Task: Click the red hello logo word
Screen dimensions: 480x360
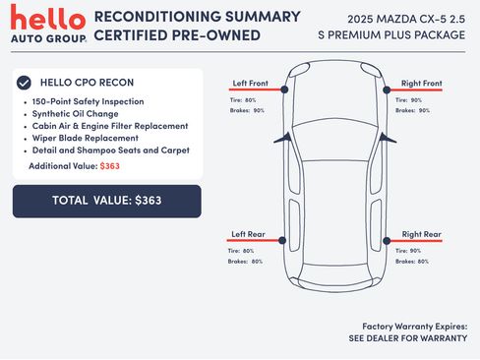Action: tap(48, 17)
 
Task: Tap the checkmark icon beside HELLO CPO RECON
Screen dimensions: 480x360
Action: tap(24, 83)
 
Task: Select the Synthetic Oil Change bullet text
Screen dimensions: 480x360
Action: tap(75, 114)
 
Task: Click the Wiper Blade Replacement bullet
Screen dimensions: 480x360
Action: tap(86, 138)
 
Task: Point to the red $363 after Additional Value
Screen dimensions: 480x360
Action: tap(110, 166)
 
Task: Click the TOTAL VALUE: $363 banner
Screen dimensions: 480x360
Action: tap(107, 201)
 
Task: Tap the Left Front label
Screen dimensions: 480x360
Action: tap(251, 84)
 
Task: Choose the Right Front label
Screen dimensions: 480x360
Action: tap(422, 84)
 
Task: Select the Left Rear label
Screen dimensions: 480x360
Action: tap(248, 234)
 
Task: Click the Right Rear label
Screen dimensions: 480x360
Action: tap(422, 234)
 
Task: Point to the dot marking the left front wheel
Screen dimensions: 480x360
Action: tap(284, 90)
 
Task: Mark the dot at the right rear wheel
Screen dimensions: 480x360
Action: tap(387, 241)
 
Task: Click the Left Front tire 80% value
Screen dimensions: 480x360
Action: tap(250, 100)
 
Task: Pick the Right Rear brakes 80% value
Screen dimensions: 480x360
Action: tap(423, 262)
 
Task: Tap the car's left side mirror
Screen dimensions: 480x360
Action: tap(282, 138)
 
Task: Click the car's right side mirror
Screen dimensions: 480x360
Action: tap(388, 138)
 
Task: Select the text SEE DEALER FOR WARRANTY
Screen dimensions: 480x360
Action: tap(408, 338)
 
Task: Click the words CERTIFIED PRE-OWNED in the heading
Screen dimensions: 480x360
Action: tap(177, 35)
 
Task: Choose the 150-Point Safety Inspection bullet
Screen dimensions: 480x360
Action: tap(88, 101)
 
